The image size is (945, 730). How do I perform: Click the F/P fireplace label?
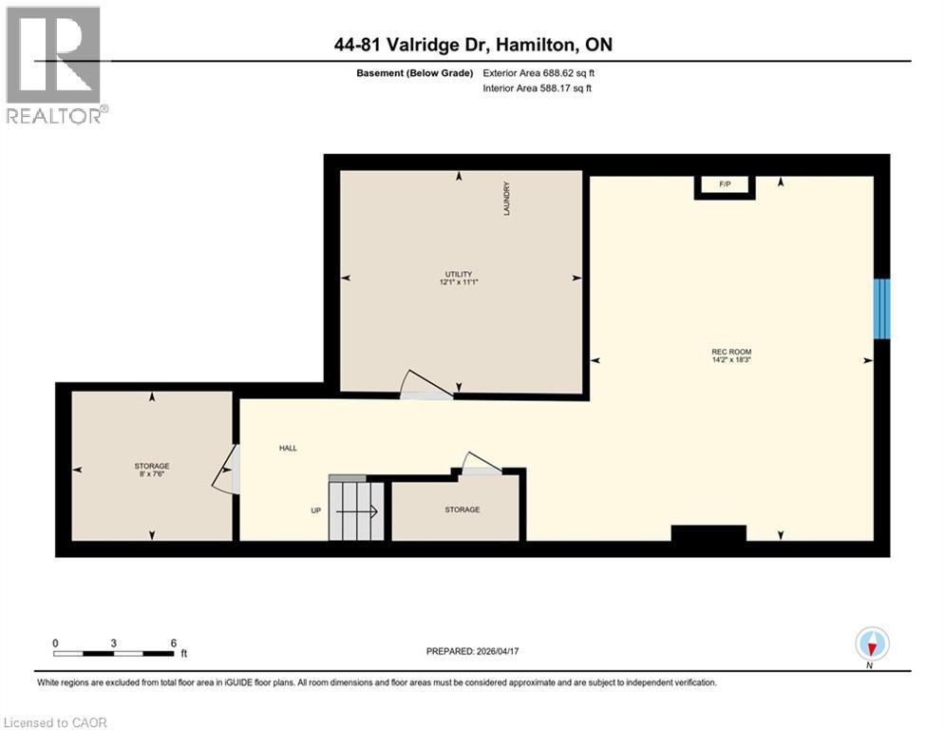click(724, 182)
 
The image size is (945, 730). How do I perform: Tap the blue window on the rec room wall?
click(882, 308)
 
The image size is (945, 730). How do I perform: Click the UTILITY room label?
click(460, 274)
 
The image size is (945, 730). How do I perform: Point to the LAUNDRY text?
click(507, 199)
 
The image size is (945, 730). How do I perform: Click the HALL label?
click(288, 448)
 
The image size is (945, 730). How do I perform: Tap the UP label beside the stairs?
click(316, 510)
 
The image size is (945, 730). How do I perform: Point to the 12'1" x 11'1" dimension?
click(460, 282)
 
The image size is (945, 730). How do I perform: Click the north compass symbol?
click(871, 644)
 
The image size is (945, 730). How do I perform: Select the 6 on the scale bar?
click(173, 644)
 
